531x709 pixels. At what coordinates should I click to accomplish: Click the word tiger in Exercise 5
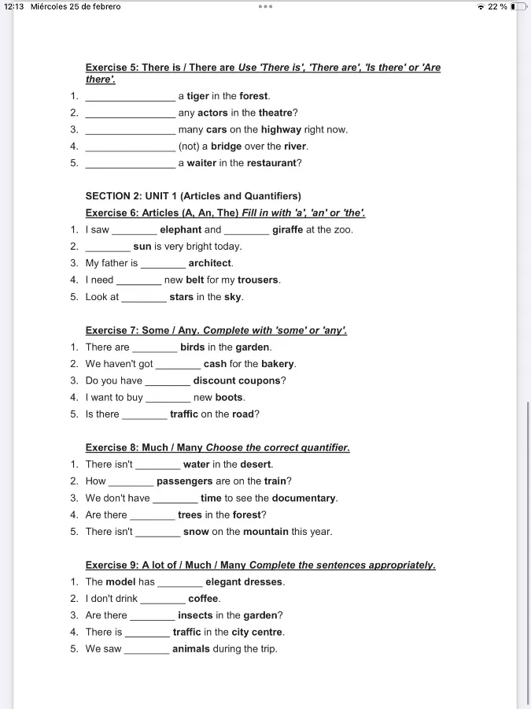tap(197, 96)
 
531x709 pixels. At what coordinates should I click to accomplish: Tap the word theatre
tap(276, 113)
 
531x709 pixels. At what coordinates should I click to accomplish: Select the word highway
tap(281, 129)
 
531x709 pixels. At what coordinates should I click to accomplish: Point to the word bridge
tap(226, 147)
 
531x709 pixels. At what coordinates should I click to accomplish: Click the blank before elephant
tap(135, 230)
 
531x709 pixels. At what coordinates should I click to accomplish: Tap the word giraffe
tap(288, 230)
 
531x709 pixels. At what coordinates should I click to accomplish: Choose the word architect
tap(210, 263)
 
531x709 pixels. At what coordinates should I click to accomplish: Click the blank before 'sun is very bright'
tap(108, 247)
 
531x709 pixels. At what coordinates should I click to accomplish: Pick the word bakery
tap(278, 364)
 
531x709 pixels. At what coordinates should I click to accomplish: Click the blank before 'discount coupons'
tap(168, 380)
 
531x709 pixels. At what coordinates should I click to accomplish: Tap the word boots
tap(230, 398)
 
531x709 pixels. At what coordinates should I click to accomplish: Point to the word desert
tap(256, 465)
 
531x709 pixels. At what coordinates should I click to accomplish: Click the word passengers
tap(185, 481)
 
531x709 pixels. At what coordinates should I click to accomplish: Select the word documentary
tap(304, 498)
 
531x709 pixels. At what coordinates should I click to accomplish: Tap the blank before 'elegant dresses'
tap(180, 582)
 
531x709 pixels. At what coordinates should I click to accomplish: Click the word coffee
tap(204, 599)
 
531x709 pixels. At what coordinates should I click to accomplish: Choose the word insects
tap(195, 615)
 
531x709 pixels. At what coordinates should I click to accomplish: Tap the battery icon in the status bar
tap(518, 7)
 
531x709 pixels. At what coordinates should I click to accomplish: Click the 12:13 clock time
tap(14, 7)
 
